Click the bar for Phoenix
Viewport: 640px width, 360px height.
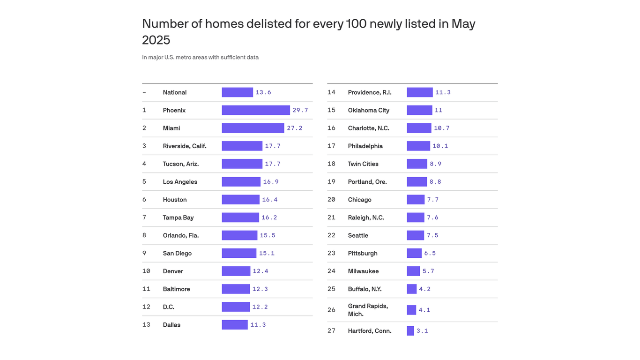pyautogui.click(x=255, y=110)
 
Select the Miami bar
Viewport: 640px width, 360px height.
pyautogui.click(x=253, y=128)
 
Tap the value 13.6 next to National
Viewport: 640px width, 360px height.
pyautogui.click(x=263, y=92)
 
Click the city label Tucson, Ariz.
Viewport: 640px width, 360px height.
pyautogui.click(x=180, y=164)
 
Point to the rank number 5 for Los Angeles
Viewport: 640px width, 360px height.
pyautogui.click(x=144, y=182)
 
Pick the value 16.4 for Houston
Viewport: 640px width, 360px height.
pyautogui.click(x=269, y=200)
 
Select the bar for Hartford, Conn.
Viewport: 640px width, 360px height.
pyautogui.click(x=410, y=331)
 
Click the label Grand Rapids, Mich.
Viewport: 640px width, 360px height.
pyautogui.click(x=368, y=310)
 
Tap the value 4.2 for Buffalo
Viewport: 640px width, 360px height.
pyautogui.click(x=424, y=289)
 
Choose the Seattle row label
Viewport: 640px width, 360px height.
pyautogui.click(x=358, y=235)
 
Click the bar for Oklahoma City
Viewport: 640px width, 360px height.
pyautogui.click(x=419, y=110)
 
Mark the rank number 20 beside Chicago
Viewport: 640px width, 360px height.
pyautogui.click(x=331, y=200)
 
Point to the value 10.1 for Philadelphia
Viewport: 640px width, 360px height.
pyautogui.click(x=440, y=146)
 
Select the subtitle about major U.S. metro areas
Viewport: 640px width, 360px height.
pyautogui.click(x=200, y=57)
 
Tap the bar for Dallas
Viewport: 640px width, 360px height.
pyautogui.click(x=235, y=325)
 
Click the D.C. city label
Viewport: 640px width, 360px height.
pyautogui.click(x=168, y=307)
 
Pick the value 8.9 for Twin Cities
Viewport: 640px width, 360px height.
pyautogui.click(x=435, y=164)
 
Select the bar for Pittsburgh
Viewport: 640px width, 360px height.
pyautogui.click(x=414, y=253)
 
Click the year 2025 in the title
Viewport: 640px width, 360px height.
pyautogui.click(x=156, y=40)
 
